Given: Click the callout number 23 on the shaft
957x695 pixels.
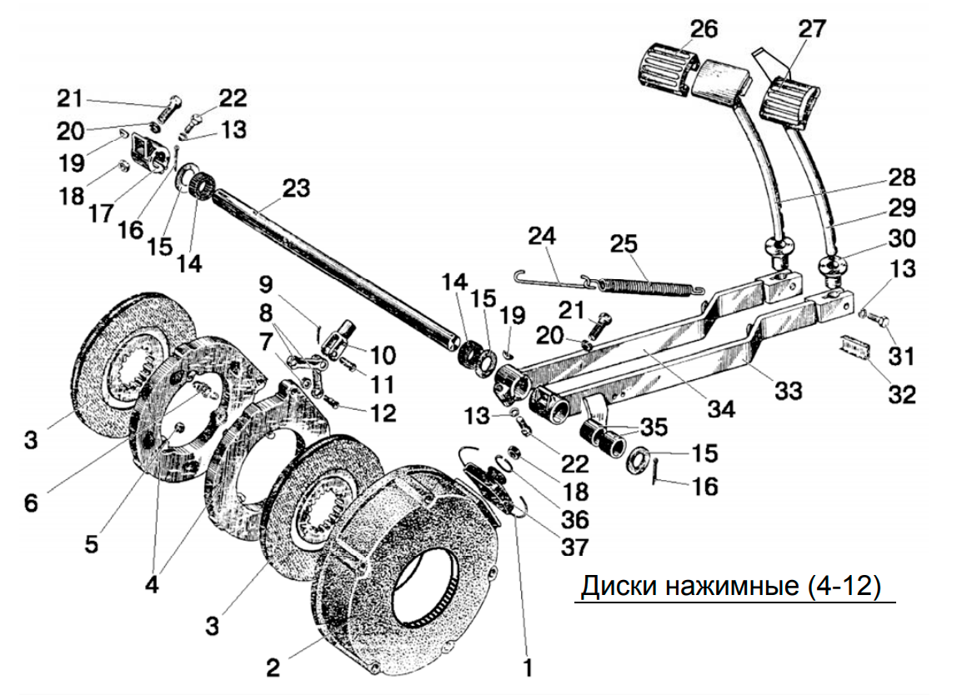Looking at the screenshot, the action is [295, 188].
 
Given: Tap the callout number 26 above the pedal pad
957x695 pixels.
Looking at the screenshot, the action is [704, 29].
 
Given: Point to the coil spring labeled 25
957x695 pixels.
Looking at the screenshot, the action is [650, 285].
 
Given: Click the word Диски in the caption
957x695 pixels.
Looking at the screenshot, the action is [619, 587].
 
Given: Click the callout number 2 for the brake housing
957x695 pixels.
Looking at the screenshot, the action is [273, 667].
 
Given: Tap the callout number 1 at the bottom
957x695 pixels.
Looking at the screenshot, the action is [528, 667].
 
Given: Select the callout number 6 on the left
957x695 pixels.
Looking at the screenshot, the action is [31, 503].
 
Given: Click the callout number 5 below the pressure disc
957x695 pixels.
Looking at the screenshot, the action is [91, 544].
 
